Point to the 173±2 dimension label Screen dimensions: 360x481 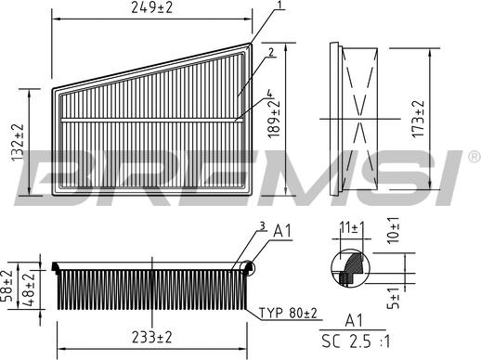[x=419, y=120]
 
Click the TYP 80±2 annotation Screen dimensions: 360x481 [x=287, y=315]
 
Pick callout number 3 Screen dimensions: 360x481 [x=262, y=225]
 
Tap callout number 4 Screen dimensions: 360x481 [x=269, y=93]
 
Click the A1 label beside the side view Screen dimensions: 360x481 [x=283, y=232]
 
